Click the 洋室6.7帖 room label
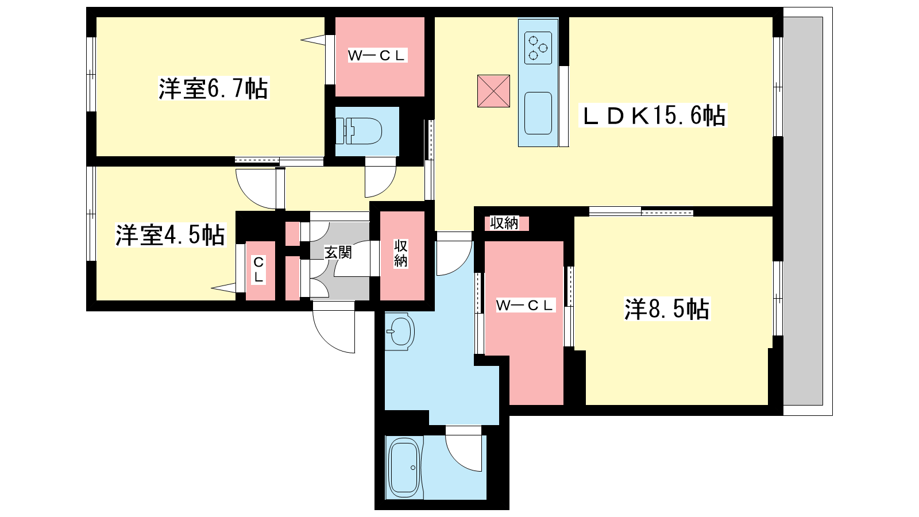point(213,88)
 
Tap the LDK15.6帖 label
point(652,115)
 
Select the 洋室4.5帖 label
point(170,235)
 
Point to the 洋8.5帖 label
point(667,309)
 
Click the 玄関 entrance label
point(338,252)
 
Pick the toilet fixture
point(358,132)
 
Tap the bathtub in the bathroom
point(404,468)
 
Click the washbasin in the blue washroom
point(399,331)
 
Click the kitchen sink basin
point(538,113)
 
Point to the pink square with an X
point(493,91)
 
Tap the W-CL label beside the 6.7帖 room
point(377,55)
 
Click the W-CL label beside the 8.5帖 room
point(525,305)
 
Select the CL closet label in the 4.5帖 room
point(258,269)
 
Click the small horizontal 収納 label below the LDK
point(504,223)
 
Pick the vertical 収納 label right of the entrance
point(401,253)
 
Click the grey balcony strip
point(803,211)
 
